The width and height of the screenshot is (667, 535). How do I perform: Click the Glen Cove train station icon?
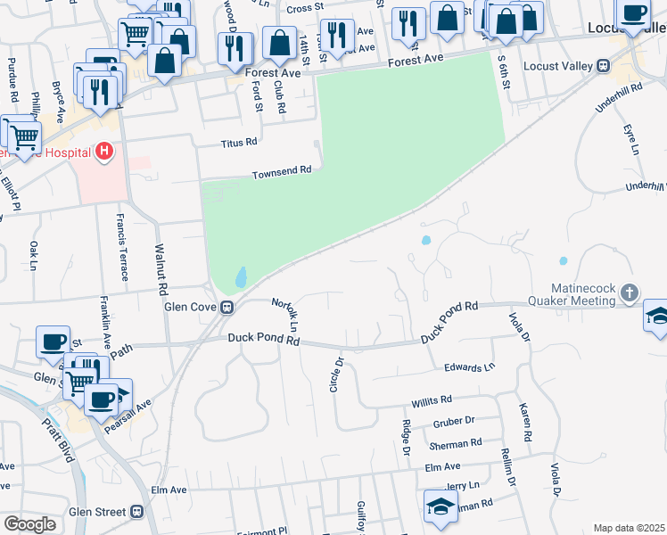[227, 308]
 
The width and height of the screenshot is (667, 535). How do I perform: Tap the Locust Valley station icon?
[603, 65]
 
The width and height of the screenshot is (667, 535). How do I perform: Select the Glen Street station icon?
[136, 511]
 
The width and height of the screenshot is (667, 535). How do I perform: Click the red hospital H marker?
[104, 152]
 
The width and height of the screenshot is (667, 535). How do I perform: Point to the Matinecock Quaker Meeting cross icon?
[630, 292]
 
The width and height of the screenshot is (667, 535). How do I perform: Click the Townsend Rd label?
[282, 171]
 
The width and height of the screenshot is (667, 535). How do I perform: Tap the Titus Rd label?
[239, 142]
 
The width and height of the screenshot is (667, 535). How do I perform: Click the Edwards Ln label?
[469, 367]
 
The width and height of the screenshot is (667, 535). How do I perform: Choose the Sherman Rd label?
[455, 442]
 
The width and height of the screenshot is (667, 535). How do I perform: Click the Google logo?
[30, 524]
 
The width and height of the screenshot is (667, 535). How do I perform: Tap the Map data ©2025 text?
[630, 528]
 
